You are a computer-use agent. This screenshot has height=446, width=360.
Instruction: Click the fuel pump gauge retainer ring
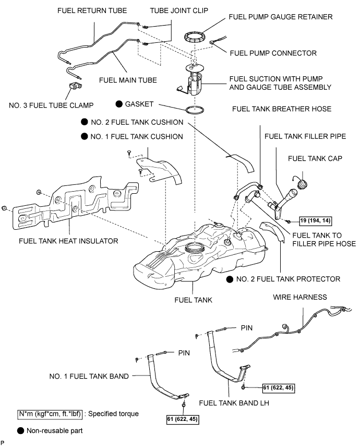tap(195, 33)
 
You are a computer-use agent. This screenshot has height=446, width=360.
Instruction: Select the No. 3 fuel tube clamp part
tap(75, 85)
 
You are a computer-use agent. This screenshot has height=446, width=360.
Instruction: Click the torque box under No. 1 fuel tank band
tap(183, 419)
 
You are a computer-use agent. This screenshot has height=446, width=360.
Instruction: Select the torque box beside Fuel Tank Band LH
tap(279, 388)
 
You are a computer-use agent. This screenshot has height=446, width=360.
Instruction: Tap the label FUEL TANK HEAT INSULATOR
tap(68, 241)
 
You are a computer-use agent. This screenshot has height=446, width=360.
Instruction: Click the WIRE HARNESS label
tap(300, 297)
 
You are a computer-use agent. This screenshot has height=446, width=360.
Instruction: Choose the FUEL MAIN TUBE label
tap(128, 80)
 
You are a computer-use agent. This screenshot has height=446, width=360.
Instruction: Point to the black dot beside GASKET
tap(119, 104)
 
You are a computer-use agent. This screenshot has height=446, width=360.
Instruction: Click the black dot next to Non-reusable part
tap(20, 431)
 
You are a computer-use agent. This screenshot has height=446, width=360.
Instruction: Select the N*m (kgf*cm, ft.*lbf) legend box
tap(50, 414)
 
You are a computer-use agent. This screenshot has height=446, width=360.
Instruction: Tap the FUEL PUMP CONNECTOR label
tap(273, 53)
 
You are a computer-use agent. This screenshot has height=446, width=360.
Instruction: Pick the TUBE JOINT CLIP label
tap(179, 11)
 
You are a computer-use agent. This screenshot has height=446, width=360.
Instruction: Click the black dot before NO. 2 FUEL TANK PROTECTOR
tap(230, 279)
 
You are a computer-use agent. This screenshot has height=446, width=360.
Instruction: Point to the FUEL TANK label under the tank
tap(193, 300)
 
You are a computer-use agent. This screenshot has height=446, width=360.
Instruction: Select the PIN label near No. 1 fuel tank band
tap(184, 353)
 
